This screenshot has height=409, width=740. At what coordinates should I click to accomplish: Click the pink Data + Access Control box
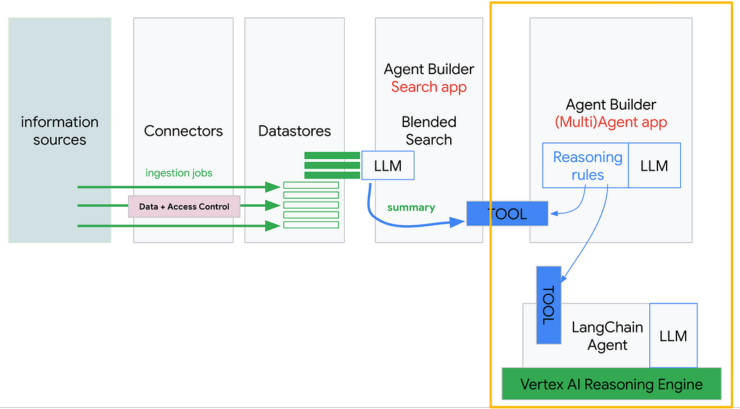point(184,207)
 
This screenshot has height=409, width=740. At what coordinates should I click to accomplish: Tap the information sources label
point(60,131)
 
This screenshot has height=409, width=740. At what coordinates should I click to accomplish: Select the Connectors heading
point(183,131)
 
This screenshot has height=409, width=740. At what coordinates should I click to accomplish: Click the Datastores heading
point(294,131)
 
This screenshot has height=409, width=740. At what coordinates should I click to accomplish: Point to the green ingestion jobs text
point(179,173)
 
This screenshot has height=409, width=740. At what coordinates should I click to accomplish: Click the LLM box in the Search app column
point(387,165)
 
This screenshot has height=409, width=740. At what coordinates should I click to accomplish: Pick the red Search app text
point(429,87)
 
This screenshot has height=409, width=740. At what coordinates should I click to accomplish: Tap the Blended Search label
point(429,131)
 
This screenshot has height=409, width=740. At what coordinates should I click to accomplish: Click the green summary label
point(411,208)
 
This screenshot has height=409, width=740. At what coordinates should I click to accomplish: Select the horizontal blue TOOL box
point(507,213)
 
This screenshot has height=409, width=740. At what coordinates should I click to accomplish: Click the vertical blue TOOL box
point(548,305)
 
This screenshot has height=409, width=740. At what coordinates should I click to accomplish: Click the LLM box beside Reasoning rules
point(654,166)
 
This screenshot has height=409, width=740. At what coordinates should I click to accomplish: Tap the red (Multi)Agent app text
point(610,122)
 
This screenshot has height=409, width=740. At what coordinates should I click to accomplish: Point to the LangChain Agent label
point(607,336)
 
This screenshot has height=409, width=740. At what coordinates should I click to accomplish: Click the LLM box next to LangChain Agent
point(673,336)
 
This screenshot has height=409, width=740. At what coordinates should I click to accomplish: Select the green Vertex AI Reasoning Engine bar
point(611,384)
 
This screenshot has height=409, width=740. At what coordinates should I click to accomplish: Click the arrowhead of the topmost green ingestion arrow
point(273,186)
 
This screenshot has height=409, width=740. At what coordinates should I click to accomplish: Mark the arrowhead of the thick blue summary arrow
point(458,223)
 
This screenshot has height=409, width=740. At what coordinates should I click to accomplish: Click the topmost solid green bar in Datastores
point(332,155)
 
